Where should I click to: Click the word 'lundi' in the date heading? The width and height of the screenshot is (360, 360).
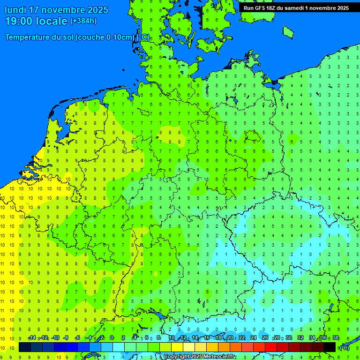click(x=16, y=10)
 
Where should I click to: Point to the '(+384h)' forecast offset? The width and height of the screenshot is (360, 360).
click(x=83, y=21)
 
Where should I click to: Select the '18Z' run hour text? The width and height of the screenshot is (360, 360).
click(x=273, y=8)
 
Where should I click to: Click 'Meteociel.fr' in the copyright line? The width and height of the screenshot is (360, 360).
click(x=216, y=356)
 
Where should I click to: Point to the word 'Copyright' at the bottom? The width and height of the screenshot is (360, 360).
click(x=177, y=356)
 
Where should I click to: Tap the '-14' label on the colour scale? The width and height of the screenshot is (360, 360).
click(x=32, y=338)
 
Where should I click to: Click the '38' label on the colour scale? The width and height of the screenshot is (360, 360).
click(x=336, y=338)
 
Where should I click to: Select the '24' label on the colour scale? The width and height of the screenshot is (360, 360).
click(x=254, y=338)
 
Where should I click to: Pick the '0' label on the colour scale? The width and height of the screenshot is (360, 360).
click(x=112, y=338)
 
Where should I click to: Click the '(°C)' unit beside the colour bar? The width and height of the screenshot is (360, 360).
click(x=344, y=348)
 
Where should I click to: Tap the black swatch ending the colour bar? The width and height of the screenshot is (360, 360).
click(x=330, y=347)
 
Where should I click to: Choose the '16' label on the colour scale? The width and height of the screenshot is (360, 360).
click(x=207, y=338)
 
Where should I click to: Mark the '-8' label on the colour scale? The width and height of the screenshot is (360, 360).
click(x=66, y=338)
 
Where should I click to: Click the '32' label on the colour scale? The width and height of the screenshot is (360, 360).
click(x=300, y=338)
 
